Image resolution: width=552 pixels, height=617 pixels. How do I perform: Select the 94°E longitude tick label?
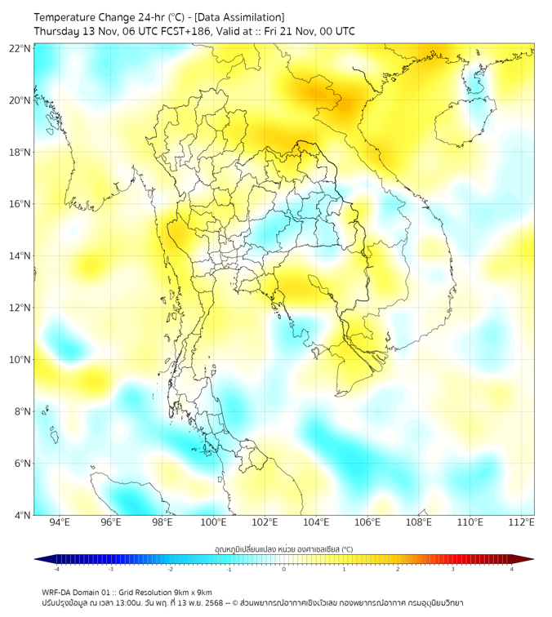(x=60, y=522)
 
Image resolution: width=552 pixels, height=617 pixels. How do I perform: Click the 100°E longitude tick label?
(x=213, y=522)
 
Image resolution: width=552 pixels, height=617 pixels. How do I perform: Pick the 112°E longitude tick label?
(x=521, y=522)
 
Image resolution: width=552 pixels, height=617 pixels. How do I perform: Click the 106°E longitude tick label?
(x=367, y=522)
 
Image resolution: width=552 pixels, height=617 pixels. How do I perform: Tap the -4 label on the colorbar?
(x=56, y=569)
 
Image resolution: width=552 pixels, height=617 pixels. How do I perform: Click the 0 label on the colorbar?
(x=284, y=569)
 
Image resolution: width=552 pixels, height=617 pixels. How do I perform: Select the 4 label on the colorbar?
(x=512, y=569)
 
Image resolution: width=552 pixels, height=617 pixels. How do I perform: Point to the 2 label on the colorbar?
(x=398, y=569)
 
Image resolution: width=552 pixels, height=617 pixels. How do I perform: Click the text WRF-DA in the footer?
(x=58, y=593)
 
